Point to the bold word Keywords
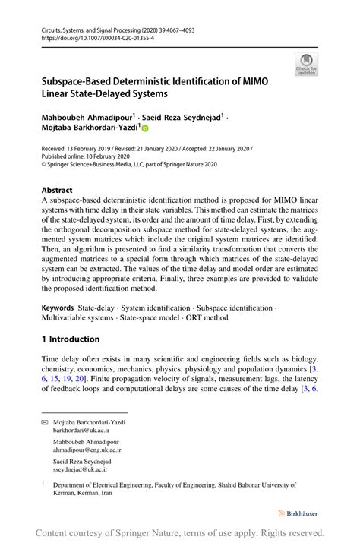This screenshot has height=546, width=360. click(62, 308)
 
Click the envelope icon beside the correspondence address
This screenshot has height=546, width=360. click(44, 421)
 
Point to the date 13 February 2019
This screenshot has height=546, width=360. click(96, 150)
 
